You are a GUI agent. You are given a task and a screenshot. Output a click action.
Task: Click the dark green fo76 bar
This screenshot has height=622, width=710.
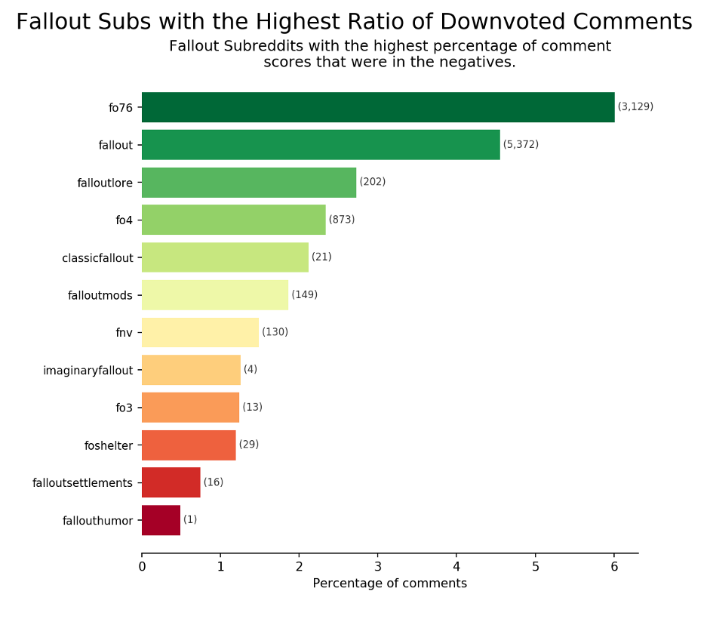point(377,107)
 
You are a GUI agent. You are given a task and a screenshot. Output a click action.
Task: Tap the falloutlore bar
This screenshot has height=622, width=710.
point(249,182)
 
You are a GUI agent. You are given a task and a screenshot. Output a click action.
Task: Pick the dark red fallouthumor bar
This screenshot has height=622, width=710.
point(161,520)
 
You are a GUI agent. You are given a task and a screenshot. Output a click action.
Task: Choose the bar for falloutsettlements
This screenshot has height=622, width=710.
point(171,482)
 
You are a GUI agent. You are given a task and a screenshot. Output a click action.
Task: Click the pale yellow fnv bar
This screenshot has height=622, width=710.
point(200,332)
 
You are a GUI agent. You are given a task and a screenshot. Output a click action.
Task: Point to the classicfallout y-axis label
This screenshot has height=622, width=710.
point(97,258)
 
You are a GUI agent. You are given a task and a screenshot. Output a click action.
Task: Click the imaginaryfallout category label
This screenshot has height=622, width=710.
point(88,371)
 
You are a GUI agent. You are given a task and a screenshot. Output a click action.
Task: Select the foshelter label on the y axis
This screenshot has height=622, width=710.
point(109,445)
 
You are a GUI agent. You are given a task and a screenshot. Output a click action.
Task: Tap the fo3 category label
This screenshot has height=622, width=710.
point(124,408)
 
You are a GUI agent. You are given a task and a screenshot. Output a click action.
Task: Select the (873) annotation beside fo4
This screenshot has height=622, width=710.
point(342,220)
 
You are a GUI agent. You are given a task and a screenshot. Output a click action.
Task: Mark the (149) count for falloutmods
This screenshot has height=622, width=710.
point(304,294)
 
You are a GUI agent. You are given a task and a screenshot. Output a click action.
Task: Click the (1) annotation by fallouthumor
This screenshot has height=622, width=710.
point(190,520)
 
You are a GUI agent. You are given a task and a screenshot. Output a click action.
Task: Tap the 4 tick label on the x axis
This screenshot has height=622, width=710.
point(456,567)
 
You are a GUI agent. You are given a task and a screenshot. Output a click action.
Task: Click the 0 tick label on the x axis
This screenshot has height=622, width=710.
point(142,567)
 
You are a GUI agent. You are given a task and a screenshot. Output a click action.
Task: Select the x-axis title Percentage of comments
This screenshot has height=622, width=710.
point(389,584)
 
